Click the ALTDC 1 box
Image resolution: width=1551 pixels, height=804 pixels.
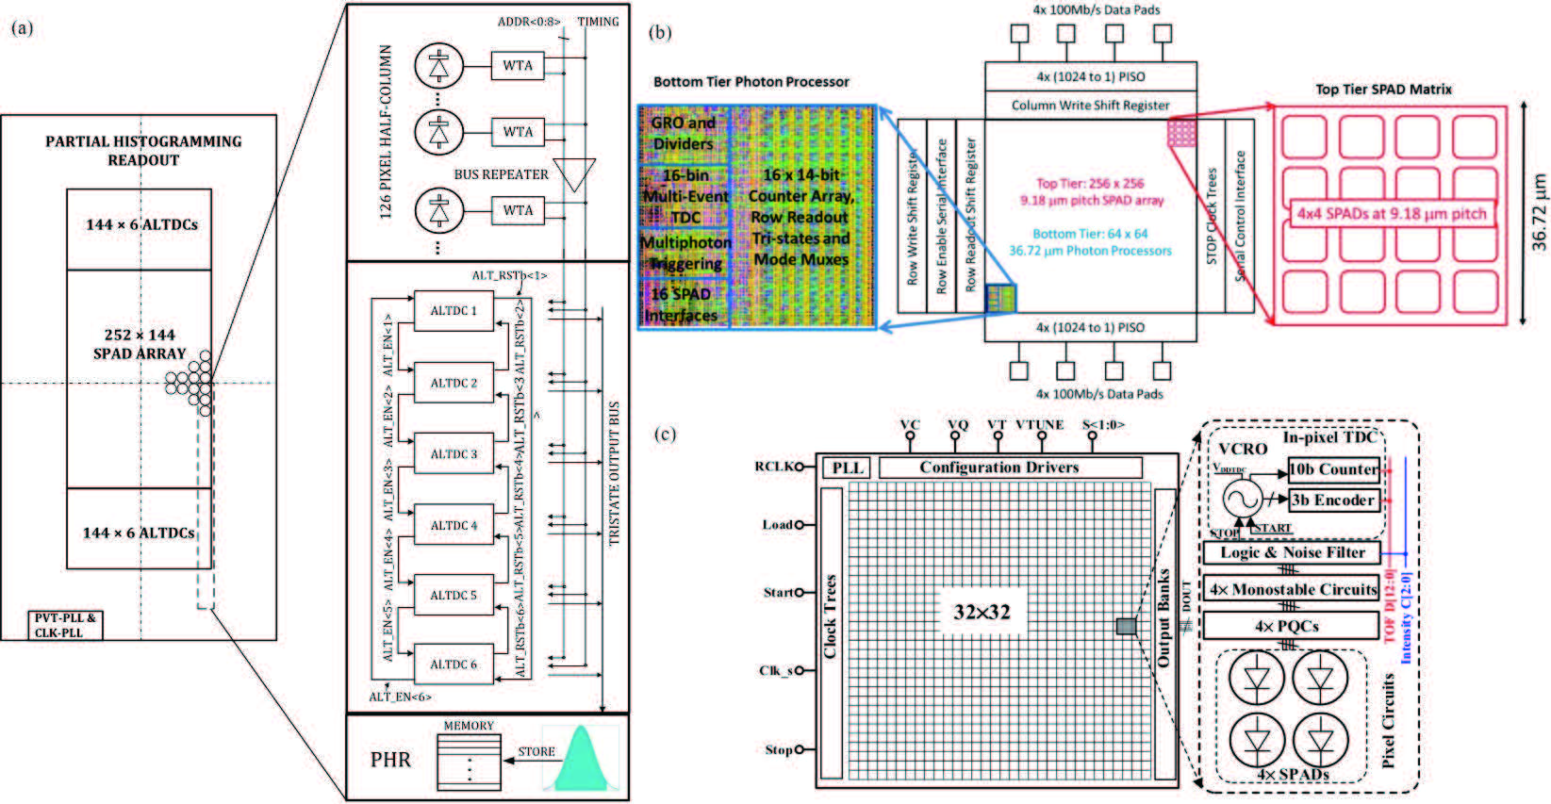[454, 311]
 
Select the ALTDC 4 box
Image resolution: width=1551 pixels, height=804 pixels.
[454, 525]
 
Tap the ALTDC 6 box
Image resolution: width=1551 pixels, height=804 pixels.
[454, 665]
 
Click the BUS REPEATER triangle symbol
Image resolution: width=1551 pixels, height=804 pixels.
[574, 173]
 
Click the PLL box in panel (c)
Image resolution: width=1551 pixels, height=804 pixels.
[848, 468]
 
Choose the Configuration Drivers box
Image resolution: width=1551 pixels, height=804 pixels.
[1010, 468]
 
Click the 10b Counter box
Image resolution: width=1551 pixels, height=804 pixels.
[1333, 469]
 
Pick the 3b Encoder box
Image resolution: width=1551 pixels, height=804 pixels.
[1333, 500]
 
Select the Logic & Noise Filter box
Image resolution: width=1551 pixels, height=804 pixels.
[1292, 553]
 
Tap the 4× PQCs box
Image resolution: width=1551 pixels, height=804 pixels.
[1292, 626]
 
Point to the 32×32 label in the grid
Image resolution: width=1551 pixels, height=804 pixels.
[982, 613]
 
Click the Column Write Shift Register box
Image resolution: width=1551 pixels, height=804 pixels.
[1091, 106]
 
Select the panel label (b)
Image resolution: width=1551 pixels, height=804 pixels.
[661, 33]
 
